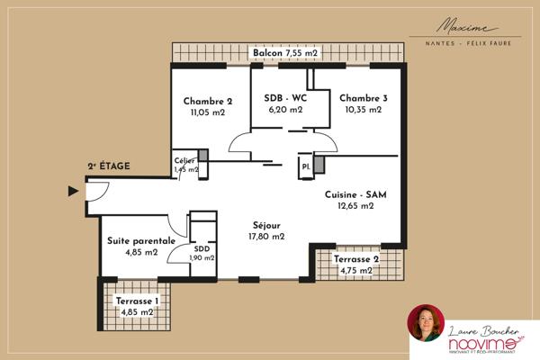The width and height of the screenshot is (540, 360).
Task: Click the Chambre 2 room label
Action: [x=208, y=101]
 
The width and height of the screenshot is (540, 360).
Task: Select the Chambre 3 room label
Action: [x=364, y=98]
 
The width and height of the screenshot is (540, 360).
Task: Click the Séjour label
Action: [x=266, y=225]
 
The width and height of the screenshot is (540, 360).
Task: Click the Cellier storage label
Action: [x=184, y=160]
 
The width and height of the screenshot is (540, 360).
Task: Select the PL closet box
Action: [x=306, y=166]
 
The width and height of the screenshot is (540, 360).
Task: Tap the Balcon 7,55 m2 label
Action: [x=285, y=54]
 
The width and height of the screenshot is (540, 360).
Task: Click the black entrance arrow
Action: [x=73, y=190]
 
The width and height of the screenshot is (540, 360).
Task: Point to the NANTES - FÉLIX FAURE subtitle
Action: [x=473, y=42]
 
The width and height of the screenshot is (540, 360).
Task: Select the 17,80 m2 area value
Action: [x=266, y=237]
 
